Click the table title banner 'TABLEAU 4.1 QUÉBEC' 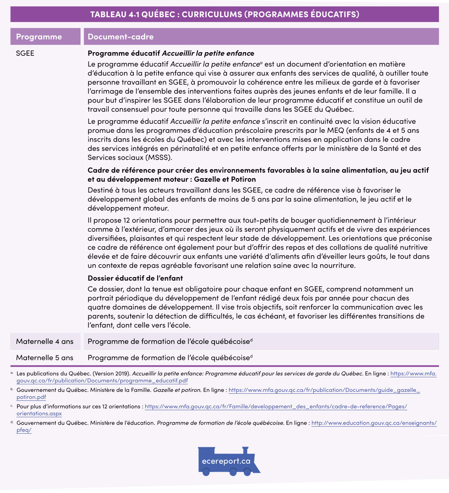click(224, 14)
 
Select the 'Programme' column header click(39, 36)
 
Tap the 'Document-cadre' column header click(120, 36)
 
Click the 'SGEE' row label click(25, 53)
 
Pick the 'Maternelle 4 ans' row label click(44, 341)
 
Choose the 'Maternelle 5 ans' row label click(44, 358)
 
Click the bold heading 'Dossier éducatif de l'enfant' click(135, 278)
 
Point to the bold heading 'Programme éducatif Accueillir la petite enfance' click(171, 53)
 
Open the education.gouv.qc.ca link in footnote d click(374, 423)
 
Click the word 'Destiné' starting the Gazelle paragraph click(101, 190)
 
